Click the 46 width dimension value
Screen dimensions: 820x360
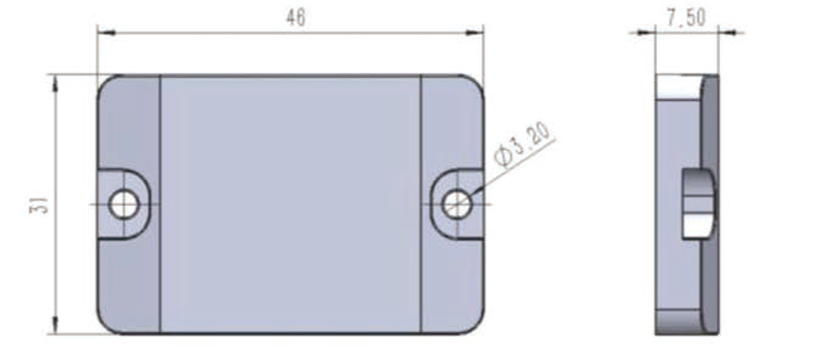point(295,19)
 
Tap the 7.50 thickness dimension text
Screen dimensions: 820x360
point(686,18)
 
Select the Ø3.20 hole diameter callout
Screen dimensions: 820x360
point(523,144)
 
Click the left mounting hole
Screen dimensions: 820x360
point(124,204)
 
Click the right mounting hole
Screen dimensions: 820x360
point(457,204)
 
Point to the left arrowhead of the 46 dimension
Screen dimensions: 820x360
point(106,33)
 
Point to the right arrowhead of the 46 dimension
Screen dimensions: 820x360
point(474,33)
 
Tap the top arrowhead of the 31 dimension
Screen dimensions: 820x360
point(56,84)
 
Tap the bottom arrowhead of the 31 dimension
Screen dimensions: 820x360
point(56,325)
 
